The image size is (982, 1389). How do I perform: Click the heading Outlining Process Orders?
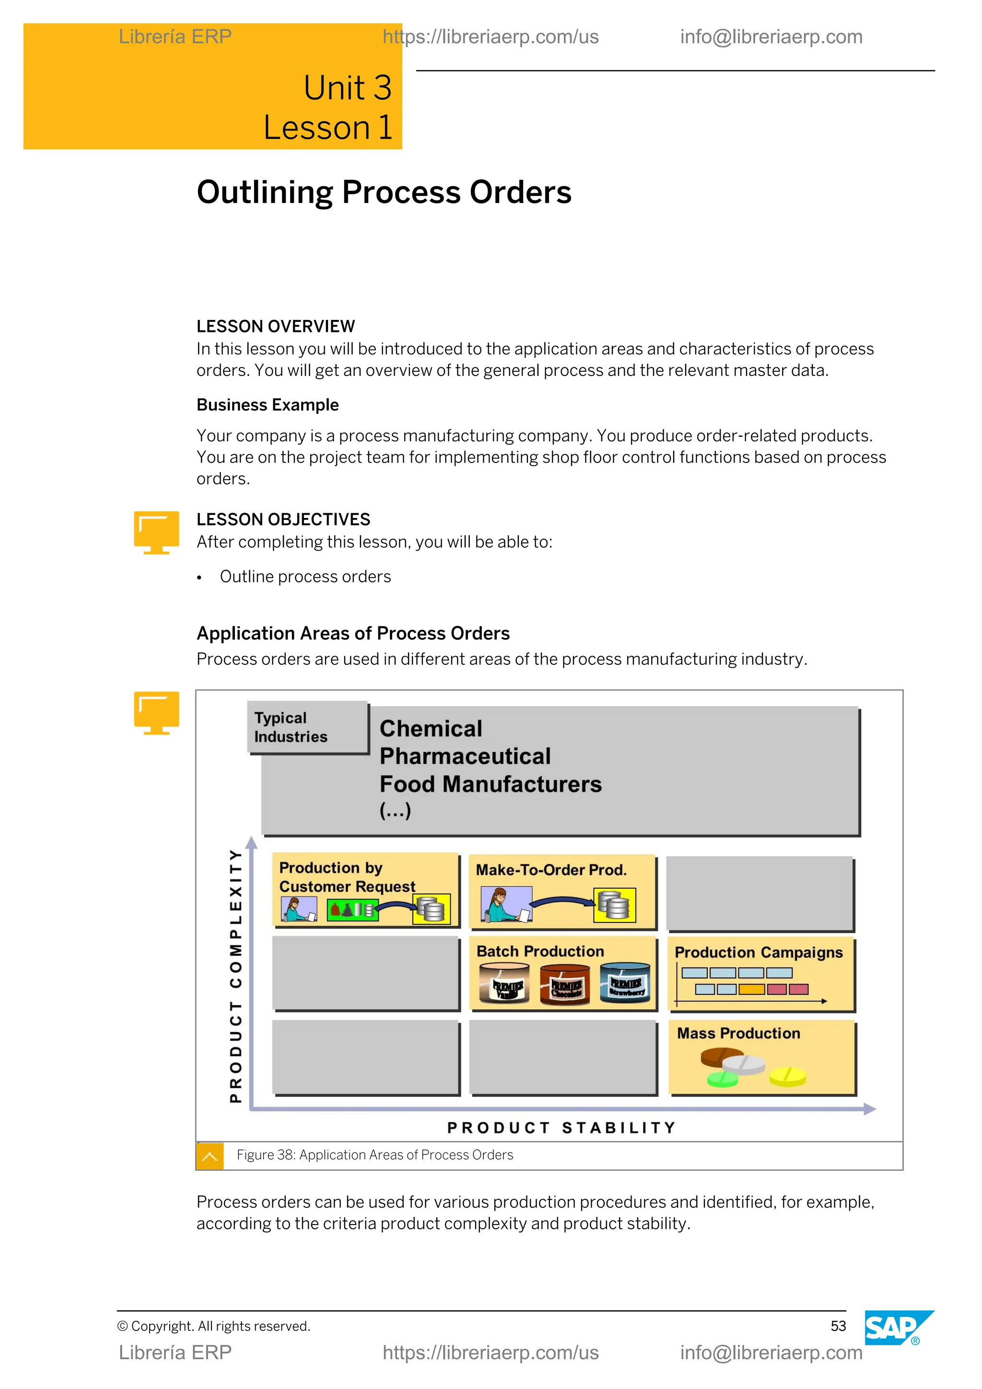[x=384, y=192]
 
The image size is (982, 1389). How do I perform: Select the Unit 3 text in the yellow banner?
[x=347, y=88]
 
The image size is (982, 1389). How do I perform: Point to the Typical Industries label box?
[x=308, y=727]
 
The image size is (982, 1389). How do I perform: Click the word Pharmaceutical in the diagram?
[x=465, y=756]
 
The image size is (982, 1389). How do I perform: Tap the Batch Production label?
[x=540, y=951]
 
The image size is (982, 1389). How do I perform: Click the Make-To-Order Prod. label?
[x=551, y=870]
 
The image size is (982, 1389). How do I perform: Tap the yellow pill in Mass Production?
[x=787, y=1076]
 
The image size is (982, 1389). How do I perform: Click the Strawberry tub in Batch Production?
[x=625, y=982]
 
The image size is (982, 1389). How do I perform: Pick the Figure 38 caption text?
[x=374, y=1155]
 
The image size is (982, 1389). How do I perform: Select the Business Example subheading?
[x=267, y=405]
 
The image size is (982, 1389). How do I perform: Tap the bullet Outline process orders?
[x=305, y=577]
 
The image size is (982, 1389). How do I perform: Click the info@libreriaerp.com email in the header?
[x=771, y=37]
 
